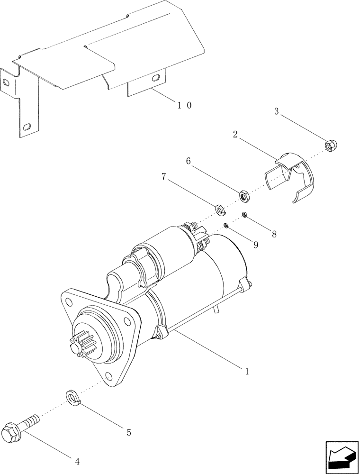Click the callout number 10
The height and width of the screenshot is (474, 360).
(184, 105)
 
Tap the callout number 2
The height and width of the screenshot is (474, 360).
(235, 135)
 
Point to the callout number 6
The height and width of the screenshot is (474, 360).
(188, 161)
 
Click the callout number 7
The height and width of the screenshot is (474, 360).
(164, 176)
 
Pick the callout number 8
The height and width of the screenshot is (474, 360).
(274, 234)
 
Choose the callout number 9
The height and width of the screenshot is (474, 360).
(256, 245)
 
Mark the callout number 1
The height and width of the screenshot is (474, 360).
(246, 371)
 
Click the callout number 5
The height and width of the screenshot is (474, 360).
(128, 432)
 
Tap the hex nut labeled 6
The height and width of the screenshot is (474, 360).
(244, 194)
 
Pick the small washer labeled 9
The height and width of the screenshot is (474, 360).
(227, 226)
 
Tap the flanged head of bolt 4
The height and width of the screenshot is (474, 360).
(12, 431)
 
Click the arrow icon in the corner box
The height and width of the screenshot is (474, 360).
(340, 456)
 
